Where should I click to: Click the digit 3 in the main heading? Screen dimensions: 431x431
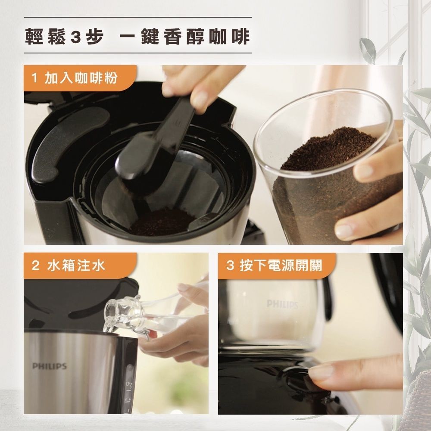click(75, 37)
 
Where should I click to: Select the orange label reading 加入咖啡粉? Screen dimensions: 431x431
click(80, 78)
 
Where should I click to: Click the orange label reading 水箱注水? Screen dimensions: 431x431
click(80, 265)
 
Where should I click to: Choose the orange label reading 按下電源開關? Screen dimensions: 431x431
click(277, 265)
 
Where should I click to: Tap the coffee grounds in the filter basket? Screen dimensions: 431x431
click(162, 222)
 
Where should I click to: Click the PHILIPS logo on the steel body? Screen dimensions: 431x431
click(50, 366)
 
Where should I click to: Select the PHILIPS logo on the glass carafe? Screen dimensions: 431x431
click(283, 304)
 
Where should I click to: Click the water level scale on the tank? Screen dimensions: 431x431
click(128, 393)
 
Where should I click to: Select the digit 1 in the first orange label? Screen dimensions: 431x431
click(34, 78)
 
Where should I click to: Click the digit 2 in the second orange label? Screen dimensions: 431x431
click(35, 265)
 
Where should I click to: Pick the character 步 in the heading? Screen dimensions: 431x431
click(95, 37)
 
